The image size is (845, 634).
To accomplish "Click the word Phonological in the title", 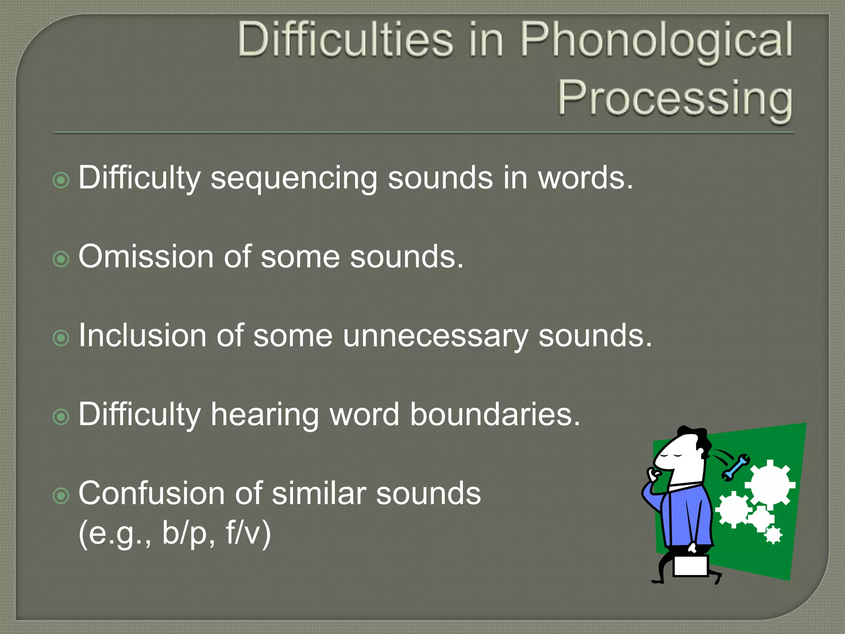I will tap(656, 41).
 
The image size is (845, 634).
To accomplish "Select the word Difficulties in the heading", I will tap(345, 40).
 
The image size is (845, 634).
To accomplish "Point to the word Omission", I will tap(145, 257).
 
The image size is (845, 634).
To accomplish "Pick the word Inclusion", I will tap(142, 336).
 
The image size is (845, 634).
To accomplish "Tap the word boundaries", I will tap(495, 414).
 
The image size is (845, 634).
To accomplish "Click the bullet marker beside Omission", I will tap(61, 259).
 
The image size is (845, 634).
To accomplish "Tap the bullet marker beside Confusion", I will tap(61, 496).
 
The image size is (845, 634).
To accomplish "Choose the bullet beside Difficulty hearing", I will tap(61, 417).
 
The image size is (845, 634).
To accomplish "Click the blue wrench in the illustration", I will tap(736, 468).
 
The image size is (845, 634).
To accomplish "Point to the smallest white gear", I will tap(773, 535).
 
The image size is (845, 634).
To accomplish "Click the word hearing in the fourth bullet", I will tap(264, 414).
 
